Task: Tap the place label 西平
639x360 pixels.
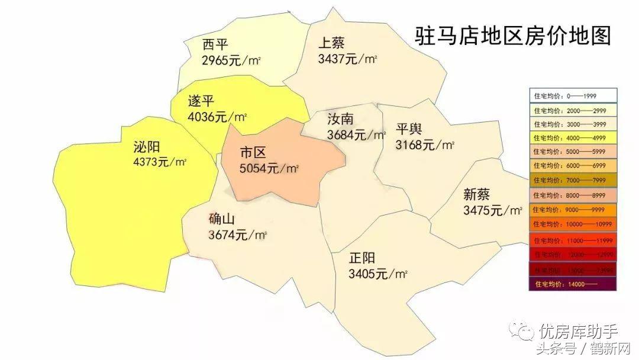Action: tap(215, 45)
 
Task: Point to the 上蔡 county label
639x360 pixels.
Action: tap(331, 43)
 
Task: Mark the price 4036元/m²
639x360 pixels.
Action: tap(217, 117)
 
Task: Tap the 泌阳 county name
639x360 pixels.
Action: tap(147, 147)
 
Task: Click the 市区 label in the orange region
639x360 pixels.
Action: tap(253, 153)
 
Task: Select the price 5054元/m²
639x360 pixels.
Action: tap(269, 169)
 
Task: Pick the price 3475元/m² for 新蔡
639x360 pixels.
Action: tap(493, 210)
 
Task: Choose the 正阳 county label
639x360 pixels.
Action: tap(362, 259)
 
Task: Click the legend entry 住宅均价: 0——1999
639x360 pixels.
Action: tap(573, 95)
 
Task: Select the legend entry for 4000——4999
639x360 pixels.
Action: tap(573, 138)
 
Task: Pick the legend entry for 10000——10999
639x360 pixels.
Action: tap(573, 224)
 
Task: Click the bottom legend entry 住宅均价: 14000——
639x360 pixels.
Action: tap(573, 284)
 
